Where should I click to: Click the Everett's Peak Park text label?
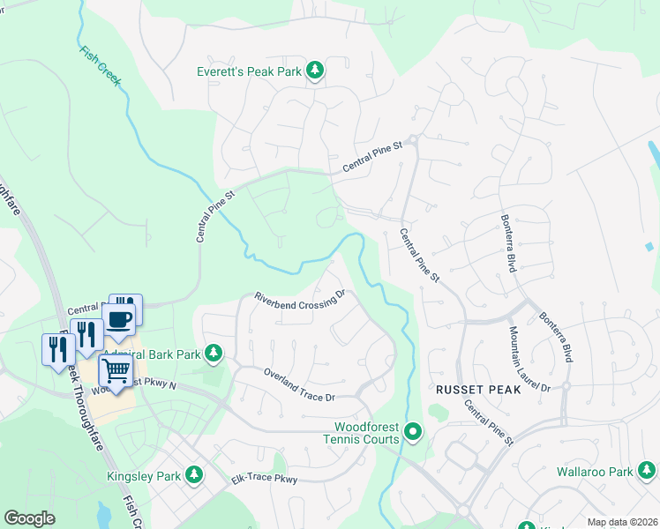(x=249, y=71)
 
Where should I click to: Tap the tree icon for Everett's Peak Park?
(x=314, y=71)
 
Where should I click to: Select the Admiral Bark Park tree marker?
(x=213, y=354)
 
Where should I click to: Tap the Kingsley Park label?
(x=143, y=476)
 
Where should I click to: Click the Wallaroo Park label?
(x=594, y=472)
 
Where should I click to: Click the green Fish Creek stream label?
(x=99, y=66)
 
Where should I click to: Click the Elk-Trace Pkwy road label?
(x=266, y=479)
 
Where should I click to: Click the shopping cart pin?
(x=116, y=372)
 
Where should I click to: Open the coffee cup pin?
(x=119, y=319)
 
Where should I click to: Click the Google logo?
(x=29, y=518)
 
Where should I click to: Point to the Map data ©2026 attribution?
(x=621, y=522)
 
